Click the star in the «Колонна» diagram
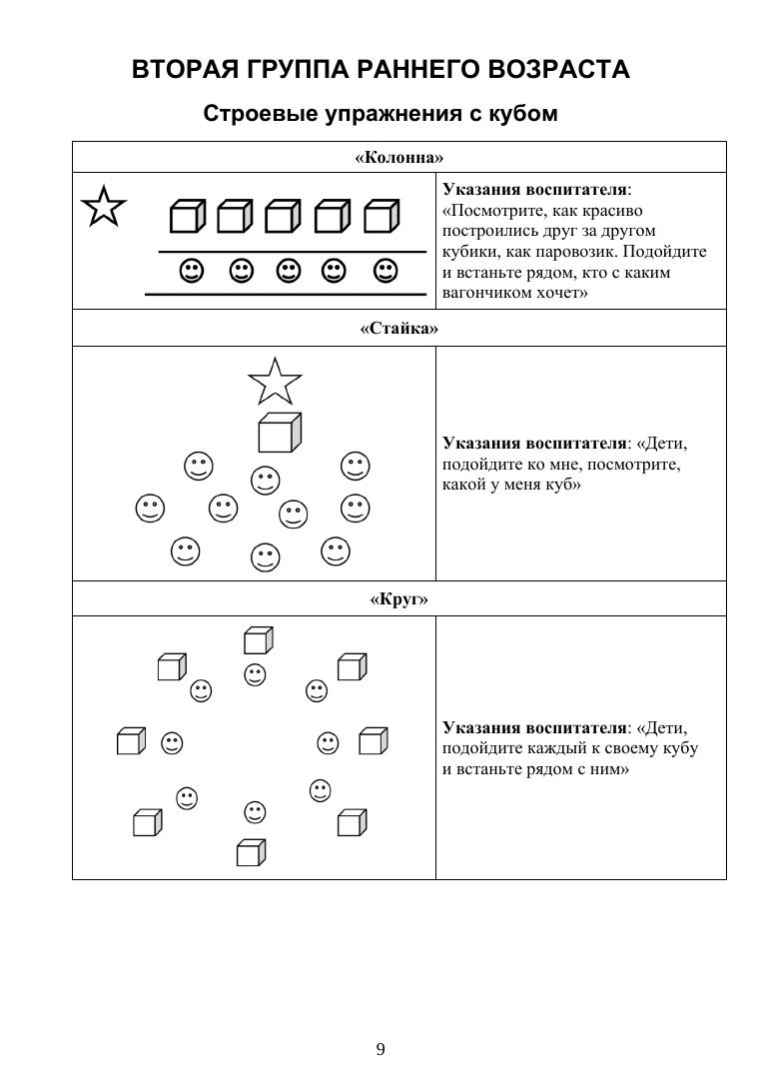104,207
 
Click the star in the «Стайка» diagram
275,381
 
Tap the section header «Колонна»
398,157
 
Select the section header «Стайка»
398,328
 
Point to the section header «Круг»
398,598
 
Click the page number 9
381,1048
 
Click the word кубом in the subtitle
521,114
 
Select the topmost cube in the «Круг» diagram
258,640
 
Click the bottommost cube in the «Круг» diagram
251,852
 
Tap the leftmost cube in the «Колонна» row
186,216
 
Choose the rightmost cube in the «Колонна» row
381,216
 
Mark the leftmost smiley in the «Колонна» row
191,270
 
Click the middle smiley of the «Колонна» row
288,270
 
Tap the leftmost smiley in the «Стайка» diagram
150,509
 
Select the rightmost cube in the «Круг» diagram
373,741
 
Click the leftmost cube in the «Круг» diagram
131,741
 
